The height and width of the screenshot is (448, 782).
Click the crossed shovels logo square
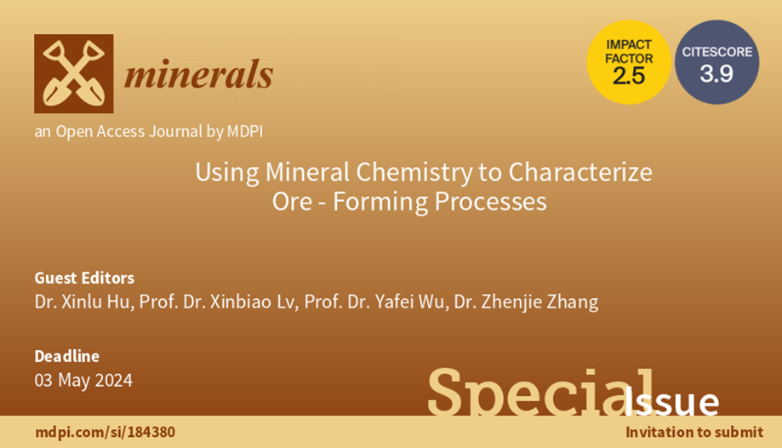74,73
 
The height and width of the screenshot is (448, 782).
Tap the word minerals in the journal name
198,75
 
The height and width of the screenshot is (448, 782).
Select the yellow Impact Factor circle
629,62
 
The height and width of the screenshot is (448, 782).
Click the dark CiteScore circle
717,62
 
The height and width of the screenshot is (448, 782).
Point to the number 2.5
629,76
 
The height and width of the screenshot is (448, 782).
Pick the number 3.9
716,74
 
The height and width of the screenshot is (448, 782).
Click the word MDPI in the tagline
245,131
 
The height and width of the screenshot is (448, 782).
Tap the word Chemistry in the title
414,173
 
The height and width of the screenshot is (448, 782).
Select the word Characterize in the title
580,172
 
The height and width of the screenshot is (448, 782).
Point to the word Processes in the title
490,202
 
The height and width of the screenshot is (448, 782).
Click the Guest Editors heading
84,278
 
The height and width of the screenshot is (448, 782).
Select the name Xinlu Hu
94,302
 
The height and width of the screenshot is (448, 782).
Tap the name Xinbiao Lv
253,302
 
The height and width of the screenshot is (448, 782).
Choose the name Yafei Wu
408,302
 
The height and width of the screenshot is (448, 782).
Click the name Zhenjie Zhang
539,302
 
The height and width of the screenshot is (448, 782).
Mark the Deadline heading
67,356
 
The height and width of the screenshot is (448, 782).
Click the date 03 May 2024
83,381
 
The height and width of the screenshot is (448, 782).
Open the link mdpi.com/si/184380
106,432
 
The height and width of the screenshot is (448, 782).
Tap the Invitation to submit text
694,432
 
